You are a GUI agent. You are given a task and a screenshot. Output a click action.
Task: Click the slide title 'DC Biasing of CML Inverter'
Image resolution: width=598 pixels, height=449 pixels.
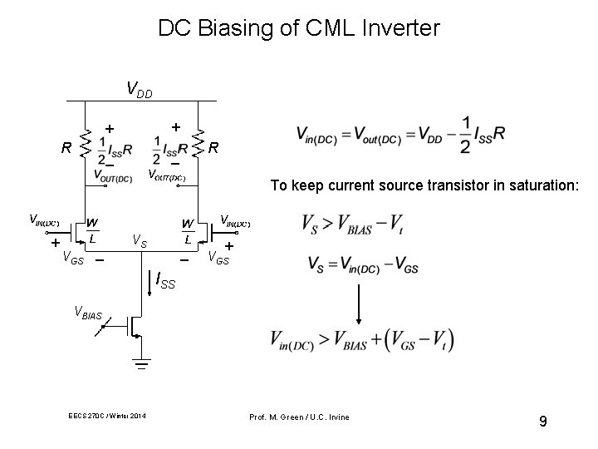pyautogui.click(x=299, y=28)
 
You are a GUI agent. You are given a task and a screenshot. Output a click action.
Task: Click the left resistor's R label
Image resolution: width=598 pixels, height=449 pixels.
pyautogui.click(x=65, y=150)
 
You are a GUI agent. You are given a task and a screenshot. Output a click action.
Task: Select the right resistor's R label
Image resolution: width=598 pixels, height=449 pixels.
pyautogui.click(x=213, y=149)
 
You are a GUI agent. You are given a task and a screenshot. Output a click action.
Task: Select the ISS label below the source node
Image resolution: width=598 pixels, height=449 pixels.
pyautogui.click(x=165, y=283)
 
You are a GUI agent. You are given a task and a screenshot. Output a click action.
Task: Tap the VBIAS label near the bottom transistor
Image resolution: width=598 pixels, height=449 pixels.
pyautogui.click(x=88, y=314)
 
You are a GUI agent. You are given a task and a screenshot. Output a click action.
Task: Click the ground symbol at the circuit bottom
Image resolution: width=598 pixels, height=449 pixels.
pyautogui.click(x=140, y=364)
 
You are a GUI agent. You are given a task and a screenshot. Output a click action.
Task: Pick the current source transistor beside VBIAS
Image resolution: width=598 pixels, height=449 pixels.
pyautogui.click(x=132, y=327)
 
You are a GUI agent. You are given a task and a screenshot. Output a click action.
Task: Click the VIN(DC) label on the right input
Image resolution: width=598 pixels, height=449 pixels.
pyautogui.click(x=233, y=220)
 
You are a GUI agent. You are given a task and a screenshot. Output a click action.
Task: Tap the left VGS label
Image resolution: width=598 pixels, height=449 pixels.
pyautogui.click(x=73, y=258)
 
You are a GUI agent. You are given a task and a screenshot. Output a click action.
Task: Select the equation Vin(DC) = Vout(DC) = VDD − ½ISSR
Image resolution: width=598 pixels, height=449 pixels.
pyautogui.click(x=399, y=135)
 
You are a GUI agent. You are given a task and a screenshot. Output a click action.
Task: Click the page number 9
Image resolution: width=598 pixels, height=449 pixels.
pyautogui.click(x=542, y=422)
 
